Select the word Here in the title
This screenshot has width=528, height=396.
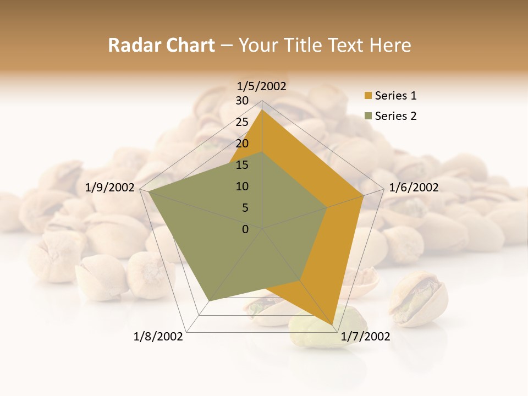point(391,45)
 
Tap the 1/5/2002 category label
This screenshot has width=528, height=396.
point(262,86)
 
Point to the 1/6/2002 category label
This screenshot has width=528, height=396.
point(414,188)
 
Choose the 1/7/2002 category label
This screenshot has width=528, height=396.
point(365,337)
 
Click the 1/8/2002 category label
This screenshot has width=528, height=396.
point(158,337)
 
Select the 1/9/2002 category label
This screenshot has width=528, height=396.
point(110,188)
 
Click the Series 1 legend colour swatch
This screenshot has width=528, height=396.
point(368,96)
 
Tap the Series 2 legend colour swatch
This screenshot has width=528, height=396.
point(368,116)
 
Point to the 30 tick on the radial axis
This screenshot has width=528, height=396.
point(242,101)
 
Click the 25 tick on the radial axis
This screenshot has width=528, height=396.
point(242,122)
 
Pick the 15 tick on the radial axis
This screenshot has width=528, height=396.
point(242,165)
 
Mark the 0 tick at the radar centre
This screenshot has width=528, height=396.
point(245,229)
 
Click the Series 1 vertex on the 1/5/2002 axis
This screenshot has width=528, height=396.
point(262,110)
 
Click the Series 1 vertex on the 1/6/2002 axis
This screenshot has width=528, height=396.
point(364,195)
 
